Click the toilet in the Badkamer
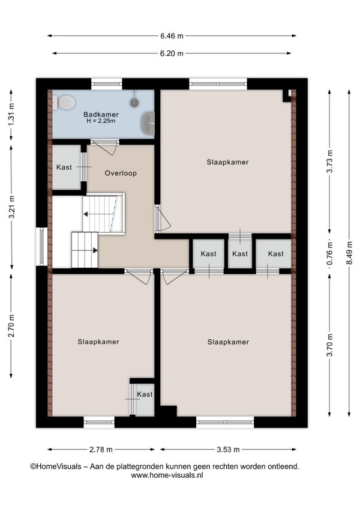64,102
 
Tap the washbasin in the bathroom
148,123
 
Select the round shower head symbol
134,103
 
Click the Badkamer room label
101,114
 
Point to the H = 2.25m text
101,121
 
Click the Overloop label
121,173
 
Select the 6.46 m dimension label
172,36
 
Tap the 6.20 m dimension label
172,53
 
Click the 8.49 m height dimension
349,253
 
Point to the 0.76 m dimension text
330,253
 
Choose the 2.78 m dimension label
101,449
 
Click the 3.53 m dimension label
228,449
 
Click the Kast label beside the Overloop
64,167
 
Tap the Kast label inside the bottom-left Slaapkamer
145,394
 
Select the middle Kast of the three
240,253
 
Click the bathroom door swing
107,148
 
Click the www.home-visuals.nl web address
167,475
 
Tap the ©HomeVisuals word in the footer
56,466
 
